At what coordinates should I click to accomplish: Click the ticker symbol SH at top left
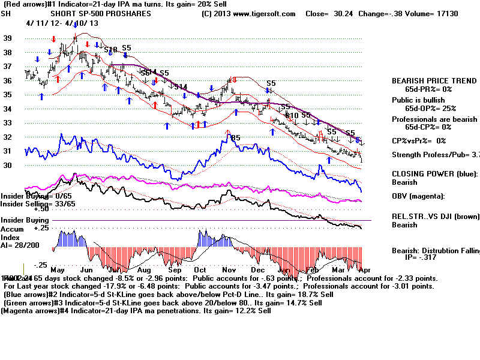6,13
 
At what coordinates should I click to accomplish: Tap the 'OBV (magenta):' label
418,196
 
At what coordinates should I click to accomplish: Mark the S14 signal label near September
181,87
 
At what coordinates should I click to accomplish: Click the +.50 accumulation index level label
41,209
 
